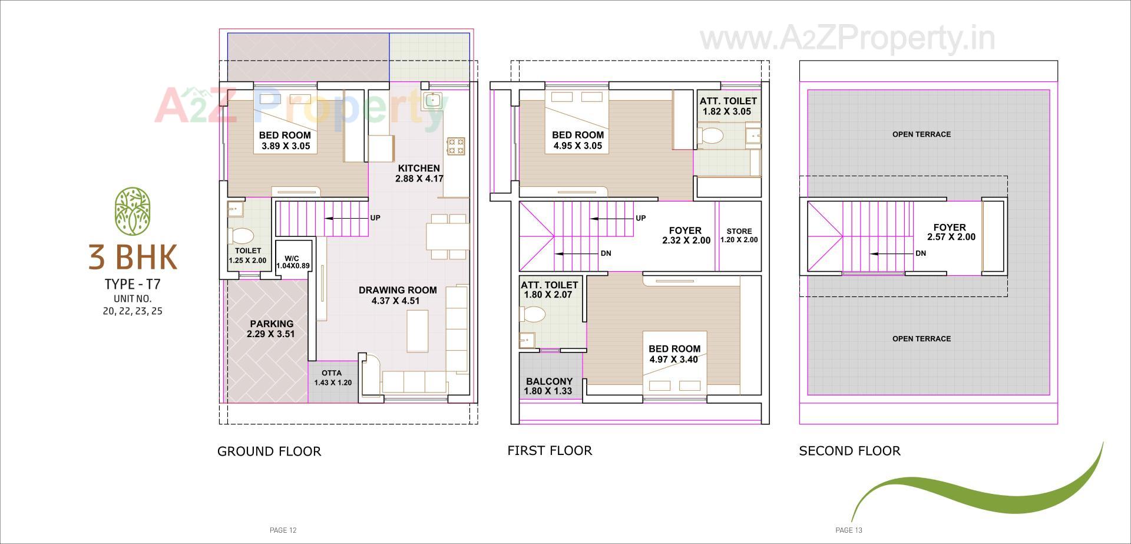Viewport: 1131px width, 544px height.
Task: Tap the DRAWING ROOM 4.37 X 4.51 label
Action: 398,295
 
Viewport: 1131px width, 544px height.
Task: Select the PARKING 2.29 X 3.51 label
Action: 271,329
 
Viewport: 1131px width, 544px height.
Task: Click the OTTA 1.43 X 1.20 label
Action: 332,378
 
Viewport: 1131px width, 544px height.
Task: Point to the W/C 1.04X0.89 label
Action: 292,262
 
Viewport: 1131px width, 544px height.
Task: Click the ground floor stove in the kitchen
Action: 456,146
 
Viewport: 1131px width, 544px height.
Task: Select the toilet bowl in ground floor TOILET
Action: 241,236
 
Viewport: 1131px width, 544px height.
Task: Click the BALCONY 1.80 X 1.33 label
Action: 548,386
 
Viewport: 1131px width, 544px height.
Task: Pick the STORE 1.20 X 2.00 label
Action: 739,235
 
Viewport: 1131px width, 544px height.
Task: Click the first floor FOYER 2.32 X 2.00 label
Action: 686,235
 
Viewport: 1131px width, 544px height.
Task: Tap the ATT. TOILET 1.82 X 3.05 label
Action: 727,106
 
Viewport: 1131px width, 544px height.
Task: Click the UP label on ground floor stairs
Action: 375,218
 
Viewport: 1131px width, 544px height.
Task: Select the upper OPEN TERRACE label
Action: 921,134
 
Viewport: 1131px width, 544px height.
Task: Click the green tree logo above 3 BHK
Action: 133,211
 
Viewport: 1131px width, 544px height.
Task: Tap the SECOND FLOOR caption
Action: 849,451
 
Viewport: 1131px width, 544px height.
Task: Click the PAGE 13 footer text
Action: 849,530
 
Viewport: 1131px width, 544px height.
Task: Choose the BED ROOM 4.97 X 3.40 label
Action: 674,354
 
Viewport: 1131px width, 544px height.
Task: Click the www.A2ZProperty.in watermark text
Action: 847,39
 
